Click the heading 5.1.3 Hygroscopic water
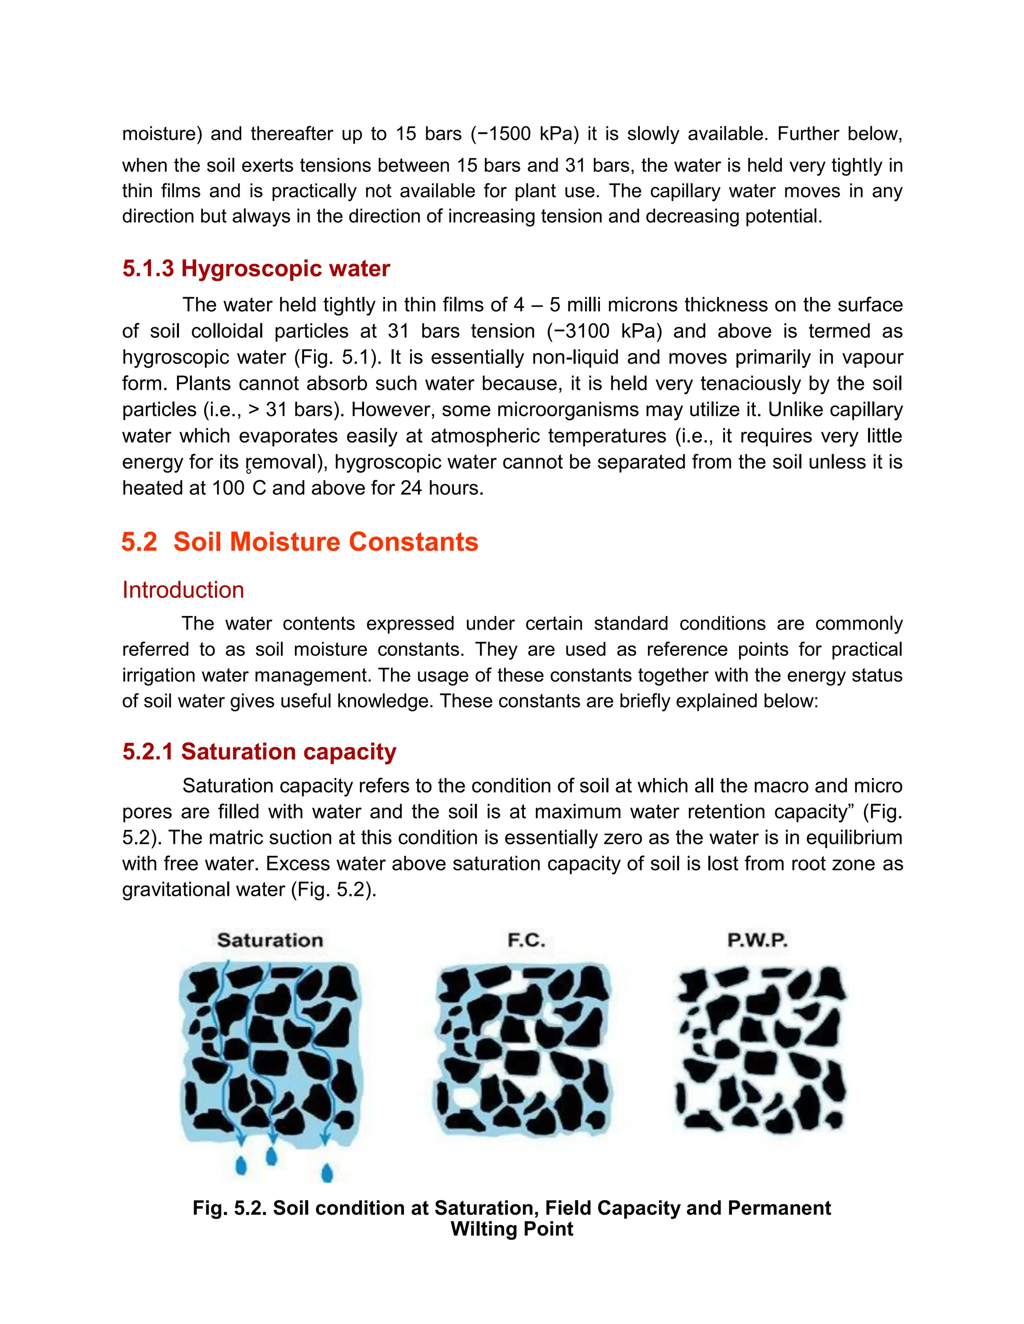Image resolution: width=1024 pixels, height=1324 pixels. coord(256,269)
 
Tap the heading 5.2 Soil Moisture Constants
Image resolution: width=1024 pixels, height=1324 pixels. coord(299,542)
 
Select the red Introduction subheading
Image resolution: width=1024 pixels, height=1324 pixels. coord(183,590)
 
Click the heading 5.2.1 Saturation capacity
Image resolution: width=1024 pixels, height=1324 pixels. coord(259,752)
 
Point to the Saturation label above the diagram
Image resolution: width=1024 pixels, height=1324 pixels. coord(270,940)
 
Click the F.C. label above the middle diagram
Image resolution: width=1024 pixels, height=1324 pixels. coord(526,940)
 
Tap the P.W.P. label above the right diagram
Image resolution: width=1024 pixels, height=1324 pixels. coord(757,940)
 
